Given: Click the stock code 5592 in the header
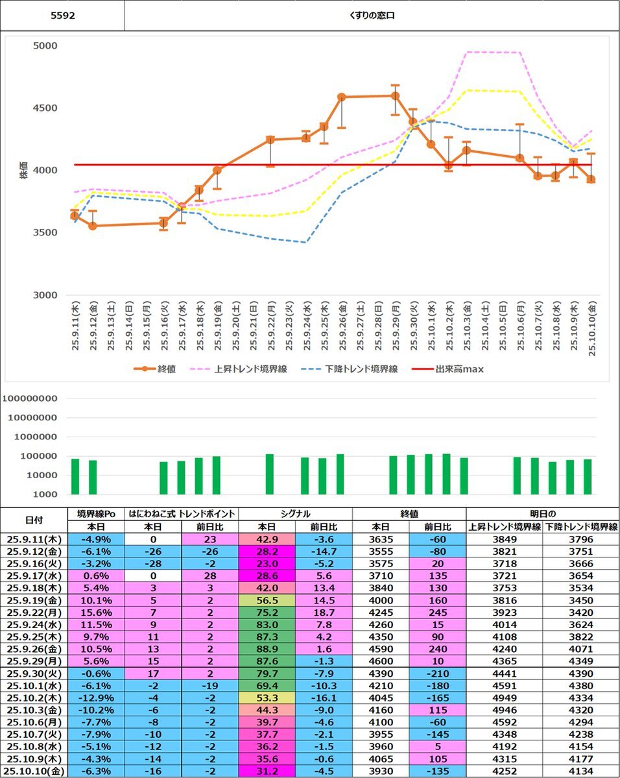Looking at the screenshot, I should point(63,16).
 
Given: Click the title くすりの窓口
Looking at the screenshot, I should point(372,16).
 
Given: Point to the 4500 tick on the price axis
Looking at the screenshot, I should point(45,108).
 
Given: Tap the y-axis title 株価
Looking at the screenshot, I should point(24,171).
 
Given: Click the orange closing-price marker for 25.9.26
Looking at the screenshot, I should point(342,97).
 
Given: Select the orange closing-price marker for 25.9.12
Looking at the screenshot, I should point(93,226).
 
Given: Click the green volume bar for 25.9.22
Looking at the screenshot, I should point(270,474).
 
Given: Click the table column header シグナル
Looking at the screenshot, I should point(295,513).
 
